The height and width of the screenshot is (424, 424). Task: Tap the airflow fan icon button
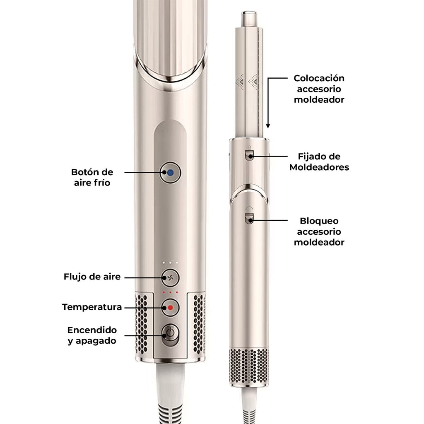point(170,277)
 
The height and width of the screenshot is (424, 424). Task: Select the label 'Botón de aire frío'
point(92,177)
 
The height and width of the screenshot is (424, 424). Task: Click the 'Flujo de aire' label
point(92,277)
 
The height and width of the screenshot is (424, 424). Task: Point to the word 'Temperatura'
point(92,307)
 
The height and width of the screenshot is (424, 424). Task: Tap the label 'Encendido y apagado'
point(92,335)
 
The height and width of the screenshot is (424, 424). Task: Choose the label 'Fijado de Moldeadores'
point(319,162)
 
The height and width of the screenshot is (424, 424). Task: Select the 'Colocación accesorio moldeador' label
point(319,89)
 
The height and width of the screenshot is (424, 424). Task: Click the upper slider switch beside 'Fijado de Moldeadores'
point(249,156)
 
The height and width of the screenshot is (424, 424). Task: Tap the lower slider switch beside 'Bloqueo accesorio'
point(249,218)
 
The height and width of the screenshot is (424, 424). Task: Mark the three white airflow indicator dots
point(170,263)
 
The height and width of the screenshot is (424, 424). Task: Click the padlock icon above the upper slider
point(249,147)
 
